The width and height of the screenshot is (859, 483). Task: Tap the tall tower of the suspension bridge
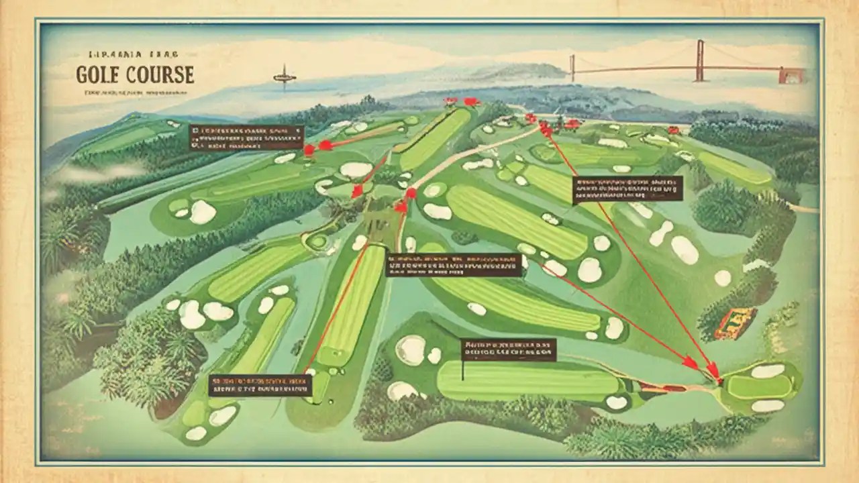pyautogui.click(x=700, y=60)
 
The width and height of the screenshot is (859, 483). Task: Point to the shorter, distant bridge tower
pyautogui.click(x=572, y=67)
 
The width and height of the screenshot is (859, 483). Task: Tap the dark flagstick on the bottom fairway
pyautogui.click(x=462, y=370)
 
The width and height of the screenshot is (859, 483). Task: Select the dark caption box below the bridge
pyautogui.click(x=627, y=189)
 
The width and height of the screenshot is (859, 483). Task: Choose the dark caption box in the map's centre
pyautogui.click(x=454, y=265)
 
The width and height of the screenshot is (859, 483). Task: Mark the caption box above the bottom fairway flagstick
pyautogui.click(x=509, y=350)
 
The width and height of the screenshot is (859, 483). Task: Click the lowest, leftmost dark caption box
pyautogui.click(x=260, y=384)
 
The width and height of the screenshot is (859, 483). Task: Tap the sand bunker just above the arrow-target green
pyautogui.click(x=768, y=370)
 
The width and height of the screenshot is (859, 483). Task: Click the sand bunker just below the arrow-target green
pyautogui.click(x=768, y=405)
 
